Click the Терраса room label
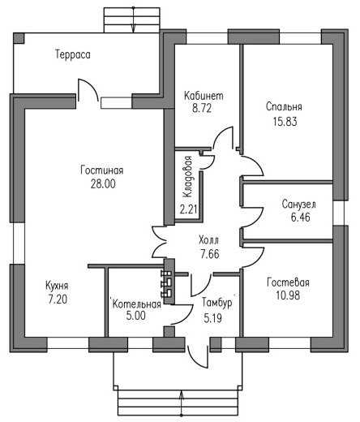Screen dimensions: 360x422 pos(73,54)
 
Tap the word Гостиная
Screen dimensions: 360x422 pos(102,170)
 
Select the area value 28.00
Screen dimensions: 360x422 pos(103,183)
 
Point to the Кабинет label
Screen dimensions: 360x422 pos(204,96)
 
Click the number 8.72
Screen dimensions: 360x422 pos(202,108)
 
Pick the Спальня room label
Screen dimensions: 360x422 pos(284,106)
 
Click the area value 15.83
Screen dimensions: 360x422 pos(285,122)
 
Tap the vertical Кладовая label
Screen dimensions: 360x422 pos(187,177)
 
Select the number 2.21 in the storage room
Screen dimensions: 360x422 pos(188,209)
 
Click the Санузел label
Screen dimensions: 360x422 pos(298,205)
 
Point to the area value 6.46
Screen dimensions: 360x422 pos(300,217)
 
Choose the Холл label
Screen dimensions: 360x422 pos(208,240)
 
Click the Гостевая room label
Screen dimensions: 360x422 pos(288,282)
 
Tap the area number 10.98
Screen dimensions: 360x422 pos(288,295)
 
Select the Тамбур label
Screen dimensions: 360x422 pos(217,303)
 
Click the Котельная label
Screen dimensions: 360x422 pos(137,304)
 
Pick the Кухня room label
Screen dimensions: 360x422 pos(57,286)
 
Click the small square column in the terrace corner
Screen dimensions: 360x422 pos(19,38)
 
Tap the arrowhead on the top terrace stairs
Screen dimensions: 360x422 pos(133,28)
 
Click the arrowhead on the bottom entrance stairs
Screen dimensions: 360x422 pos(182,394)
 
